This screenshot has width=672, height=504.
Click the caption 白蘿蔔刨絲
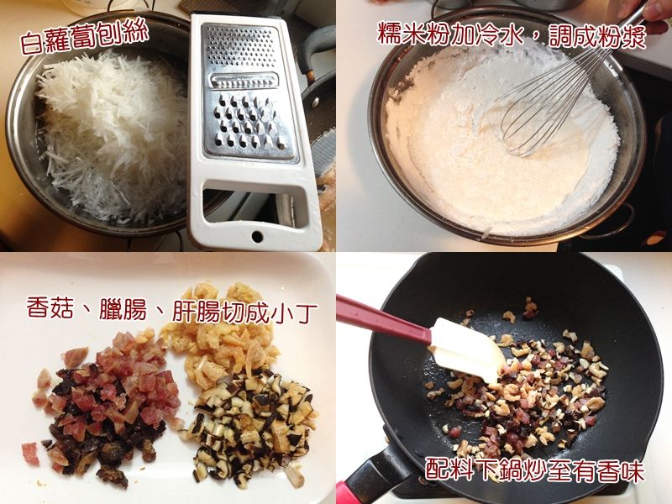[x=84, y=36]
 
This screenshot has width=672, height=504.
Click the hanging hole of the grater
[x=257, y=236]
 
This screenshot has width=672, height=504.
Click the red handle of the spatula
[x=382, y=319]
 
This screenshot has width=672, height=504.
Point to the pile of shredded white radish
[x=112, y=133]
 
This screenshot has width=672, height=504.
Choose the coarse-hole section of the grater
[x=249, y=123]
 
